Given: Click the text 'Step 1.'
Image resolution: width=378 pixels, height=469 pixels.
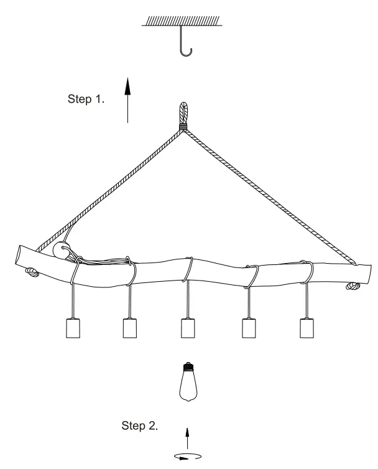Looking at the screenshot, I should click(85, 99).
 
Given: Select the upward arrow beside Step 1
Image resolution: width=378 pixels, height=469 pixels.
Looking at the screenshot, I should click(127, 100).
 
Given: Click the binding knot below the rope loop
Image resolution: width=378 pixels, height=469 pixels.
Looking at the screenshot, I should click(183, 129).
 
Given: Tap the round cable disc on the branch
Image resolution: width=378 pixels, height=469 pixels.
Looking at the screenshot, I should click(61, 251).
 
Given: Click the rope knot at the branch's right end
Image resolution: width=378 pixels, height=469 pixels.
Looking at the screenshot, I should click(353, 287).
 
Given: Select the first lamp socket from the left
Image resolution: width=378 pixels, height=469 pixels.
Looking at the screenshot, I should click(74, 328).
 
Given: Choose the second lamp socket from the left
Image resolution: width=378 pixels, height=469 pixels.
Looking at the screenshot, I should click(130, 328).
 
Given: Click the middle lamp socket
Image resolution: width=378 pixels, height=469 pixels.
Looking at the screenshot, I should click(188, 328).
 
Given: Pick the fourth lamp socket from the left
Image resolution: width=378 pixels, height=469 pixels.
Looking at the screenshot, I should click(249, 328).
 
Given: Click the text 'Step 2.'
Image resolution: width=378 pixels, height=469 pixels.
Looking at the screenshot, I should click(139, 426).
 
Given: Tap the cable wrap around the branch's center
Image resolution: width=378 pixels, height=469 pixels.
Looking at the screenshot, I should click(188, 271).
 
